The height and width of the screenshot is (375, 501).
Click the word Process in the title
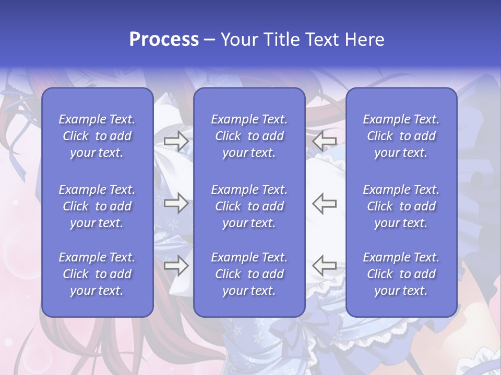164,40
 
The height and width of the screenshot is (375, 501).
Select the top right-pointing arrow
176,141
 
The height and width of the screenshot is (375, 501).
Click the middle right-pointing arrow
176,203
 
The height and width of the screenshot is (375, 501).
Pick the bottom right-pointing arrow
176,266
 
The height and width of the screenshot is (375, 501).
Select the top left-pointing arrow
325,141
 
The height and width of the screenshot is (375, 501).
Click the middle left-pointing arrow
325,203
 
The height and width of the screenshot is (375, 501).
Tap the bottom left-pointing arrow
325,266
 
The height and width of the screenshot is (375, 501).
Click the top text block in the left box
97,136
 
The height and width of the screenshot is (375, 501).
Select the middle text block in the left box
97,206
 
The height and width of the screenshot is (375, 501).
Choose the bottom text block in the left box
97,274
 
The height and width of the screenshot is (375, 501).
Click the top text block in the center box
249,136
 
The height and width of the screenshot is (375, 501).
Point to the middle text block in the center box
249,206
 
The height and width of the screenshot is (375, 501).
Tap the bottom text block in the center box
249,274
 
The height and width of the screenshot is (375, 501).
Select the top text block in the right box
401,136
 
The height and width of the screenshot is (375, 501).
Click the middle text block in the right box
401,206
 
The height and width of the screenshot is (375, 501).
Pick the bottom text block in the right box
401,274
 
